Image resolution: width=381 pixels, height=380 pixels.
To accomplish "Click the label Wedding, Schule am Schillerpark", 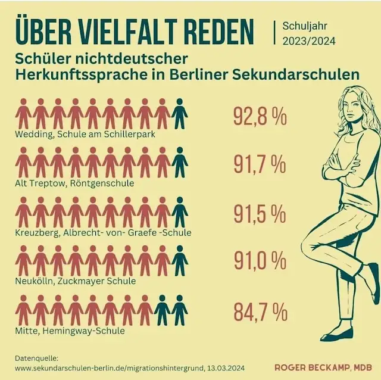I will click(x=85, y=134).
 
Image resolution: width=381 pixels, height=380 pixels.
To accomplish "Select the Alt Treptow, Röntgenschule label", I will click(x=74, y=183).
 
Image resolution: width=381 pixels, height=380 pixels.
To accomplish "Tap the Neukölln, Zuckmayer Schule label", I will click(x=76, y=281).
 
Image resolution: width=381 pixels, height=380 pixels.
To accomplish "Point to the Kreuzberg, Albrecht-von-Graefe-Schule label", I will click(x=103, y=232).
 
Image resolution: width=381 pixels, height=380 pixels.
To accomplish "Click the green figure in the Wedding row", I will click(x=179, y=113).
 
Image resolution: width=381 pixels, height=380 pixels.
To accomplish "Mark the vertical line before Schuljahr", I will click(x=274, y=32).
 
